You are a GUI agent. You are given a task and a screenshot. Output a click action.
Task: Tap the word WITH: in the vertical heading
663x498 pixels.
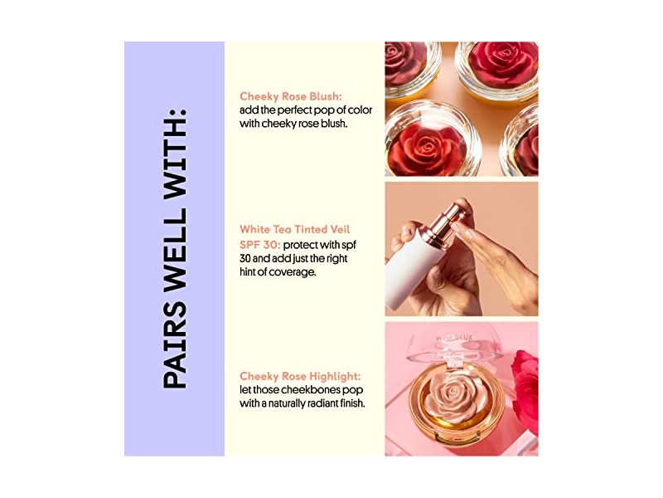pos(175,153)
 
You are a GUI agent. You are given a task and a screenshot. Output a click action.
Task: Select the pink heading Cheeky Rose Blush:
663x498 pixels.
pos(291,97)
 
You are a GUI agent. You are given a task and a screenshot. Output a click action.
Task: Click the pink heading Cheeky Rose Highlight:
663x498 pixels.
pos(300,377)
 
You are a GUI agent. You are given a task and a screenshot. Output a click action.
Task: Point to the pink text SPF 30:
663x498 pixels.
pos(260,245)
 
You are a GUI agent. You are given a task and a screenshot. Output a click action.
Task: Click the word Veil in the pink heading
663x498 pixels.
pos(340,230)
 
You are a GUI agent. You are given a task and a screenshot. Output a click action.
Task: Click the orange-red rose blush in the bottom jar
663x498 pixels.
pos(424,149)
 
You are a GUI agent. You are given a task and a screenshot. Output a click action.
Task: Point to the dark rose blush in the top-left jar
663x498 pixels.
pos(404,64)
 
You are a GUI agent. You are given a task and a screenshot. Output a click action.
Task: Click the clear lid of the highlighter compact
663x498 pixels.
pos(454,345)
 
